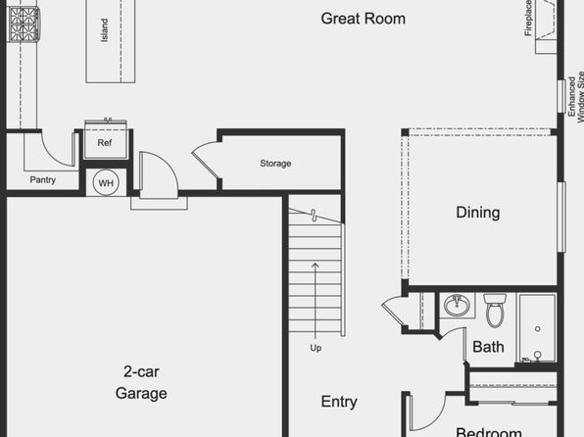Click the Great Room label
point(364,19)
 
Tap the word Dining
point(478,213)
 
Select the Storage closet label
point(275,164)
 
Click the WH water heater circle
point(106,183)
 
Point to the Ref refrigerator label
point(105,143)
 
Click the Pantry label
point(43,180)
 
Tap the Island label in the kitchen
point(105,30)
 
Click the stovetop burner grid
point(24,24)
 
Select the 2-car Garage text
point(141,382)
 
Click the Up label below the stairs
point(316,348)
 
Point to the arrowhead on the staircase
point(316,266)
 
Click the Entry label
point(339,402)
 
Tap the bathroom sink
point(457,305)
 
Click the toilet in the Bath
point(495,310)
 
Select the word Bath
point(488,347)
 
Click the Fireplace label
point(528,18)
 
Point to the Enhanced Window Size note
point(576,97)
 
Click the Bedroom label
point(489,432)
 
